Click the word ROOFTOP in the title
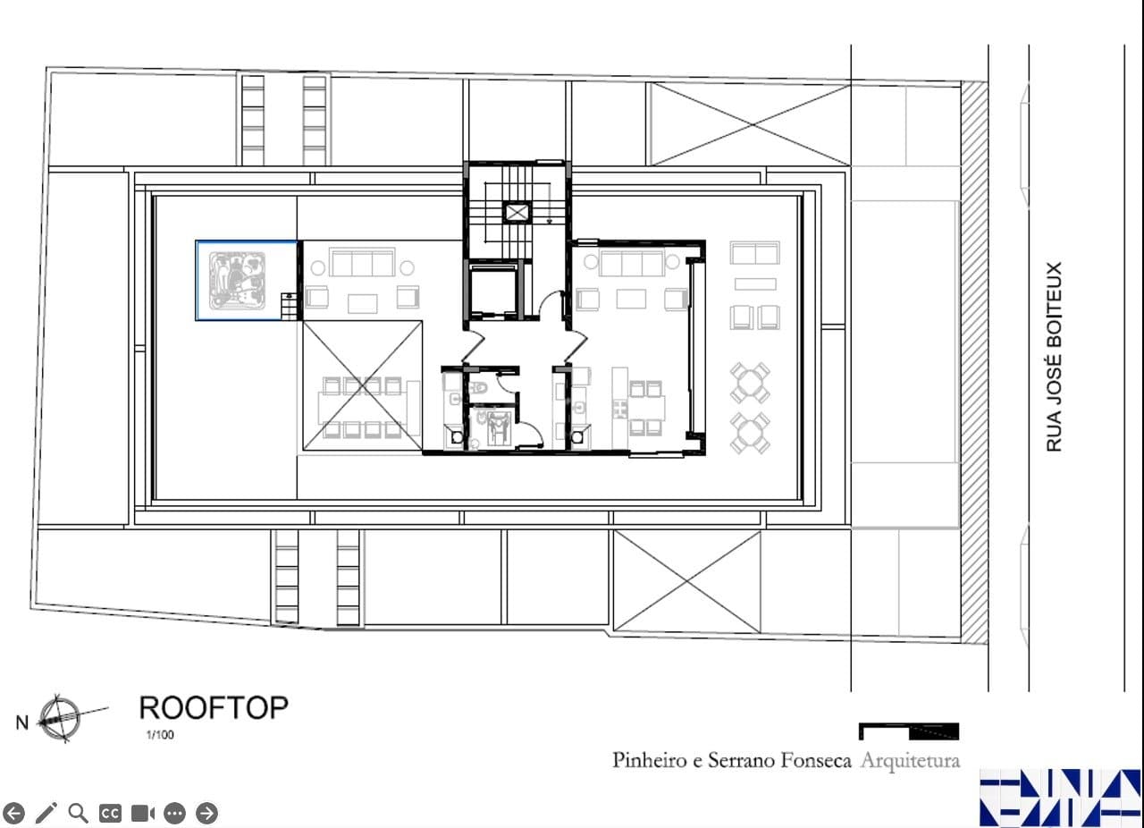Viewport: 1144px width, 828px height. point(214,708)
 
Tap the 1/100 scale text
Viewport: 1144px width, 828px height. point(160,735)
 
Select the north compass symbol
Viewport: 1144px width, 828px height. point(60,718)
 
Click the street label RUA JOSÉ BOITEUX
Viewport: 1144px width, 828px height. point(1054,357)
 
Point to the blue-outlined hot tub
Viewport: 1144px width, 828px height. point(247,281)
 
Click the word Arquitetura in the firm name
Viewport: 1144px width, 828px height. point(910,761)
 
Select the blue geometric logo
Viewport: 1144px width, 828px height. point(1060,798)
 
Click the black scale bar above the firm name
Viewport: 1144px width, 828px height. point(909,731)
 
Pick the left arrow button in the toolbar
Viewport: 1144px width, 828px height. point(13,813)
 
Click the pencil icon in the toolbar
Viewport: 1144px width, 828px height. point(46,813)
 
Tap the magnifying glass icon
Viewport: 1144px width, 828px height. point(78,813)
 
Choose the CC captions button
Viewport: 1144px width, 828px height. point(110,813)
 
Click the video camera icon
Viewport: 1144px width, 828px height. point(142,813)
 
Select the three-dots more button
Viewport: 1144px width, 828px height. point(174,813)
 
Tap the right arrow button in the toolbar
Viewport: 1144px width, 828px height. point(206,813)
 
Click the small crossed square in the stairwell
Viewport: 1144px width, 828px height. point(517,212)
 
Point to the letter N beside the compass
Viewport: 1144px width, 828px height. point(22,722)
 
